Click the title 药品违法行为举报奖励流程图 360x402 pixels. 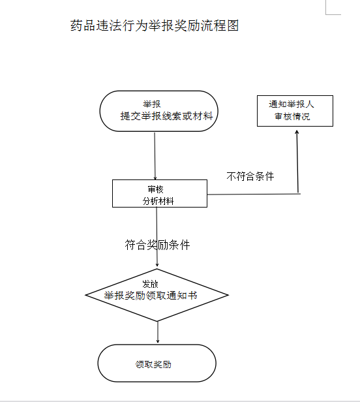(x=155, y=27)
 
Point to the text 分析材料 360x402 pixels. (x=158, y=201)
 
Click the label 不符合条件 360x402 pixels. (x=250, y=177)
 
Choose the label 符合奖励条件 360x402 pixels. (x=157, y=245)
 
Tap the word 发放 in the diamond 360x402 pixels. (x=151, y=284)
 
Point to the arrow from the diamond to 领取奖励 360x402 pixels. (x=158, y=332)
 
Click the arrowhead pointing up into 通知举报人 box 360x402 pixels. (x=298, y=131)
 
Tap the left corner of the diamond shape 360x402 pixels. (x=87, y=295)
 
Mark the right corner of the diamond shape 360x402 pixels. (x=228, y=295)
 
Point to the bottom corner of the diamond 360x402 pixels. (x=158, y=320)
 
